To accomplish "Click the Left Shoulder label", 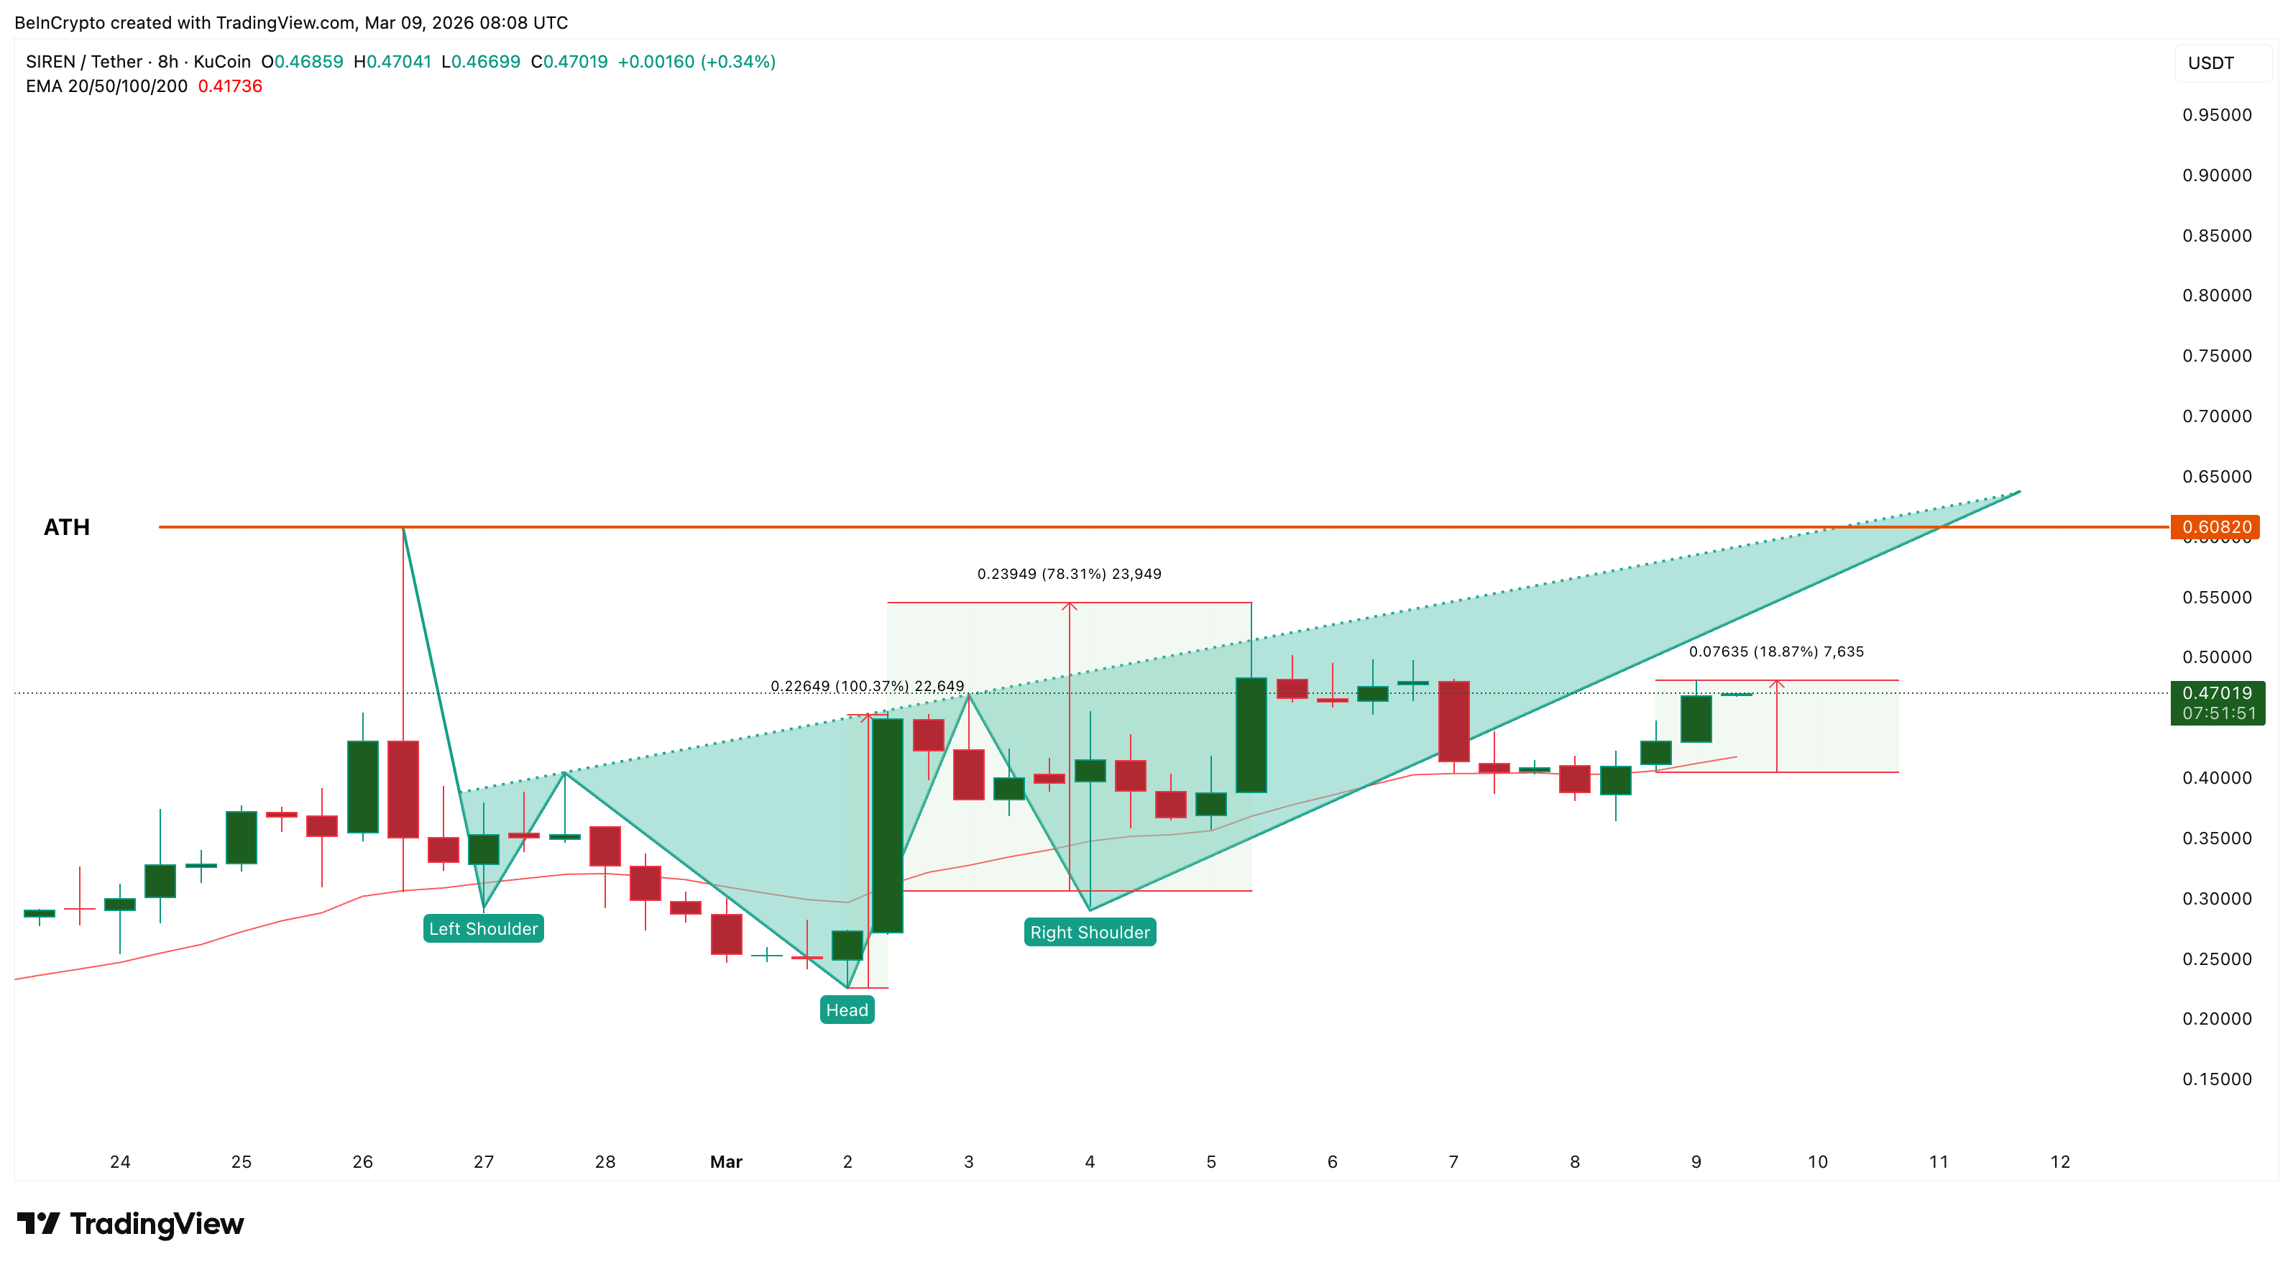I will click(x=483, y=928).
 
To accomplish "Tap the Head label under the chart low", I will click(x=847, y=1010).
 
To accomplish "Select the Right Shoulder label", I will click(x=1090, y=932).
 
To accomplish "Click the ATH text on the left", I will click(x=67, y=527).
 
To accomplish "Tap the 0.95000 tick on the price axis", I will click(x=2217, y=115).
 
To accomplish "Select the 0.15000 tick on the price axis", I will click(x=2217, y=1079).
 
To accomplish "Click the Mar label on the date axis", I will click(x=726, y=1161).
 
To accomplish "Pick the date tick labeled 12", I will click(x=2060, y=1161).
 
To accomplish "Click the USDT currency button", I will click(x=2210, y=63).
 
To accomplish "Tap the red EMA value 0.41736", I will click(x=229, y=86).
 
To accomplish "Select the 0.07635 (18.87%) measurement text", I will click(x=1776, y=651).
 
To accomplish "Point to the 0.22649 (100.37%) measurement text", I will click(x=867, y=685).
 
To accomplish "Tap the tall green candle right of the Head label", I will click(x=888, y=825).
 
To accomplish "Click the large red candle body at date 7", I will click(x=1453, y=721).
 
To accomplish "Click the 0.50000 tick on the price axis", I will click(x=2217, y=657).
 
